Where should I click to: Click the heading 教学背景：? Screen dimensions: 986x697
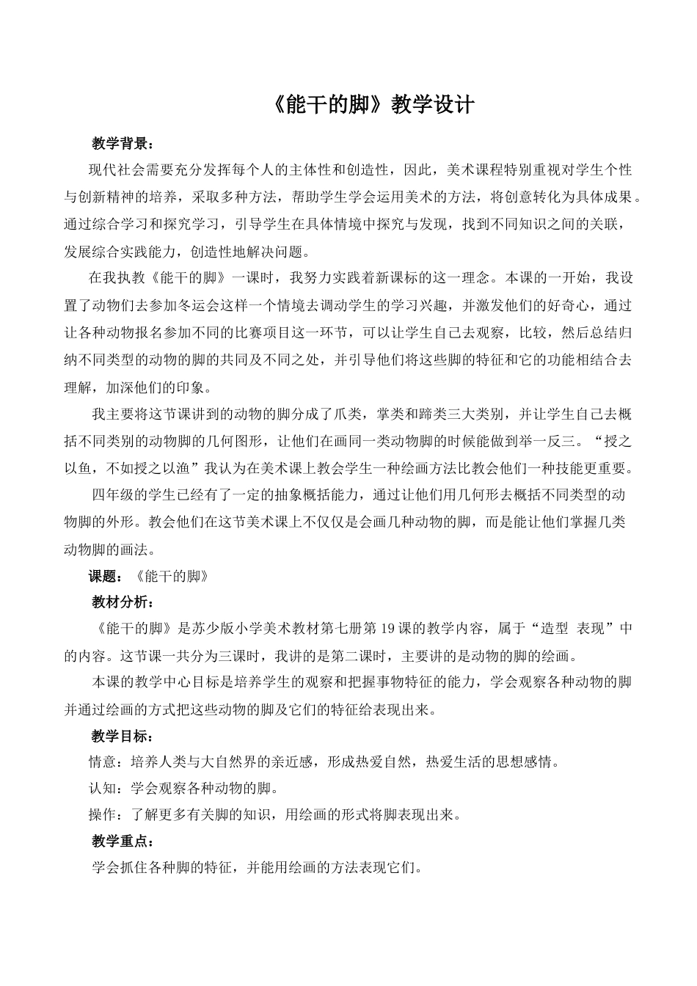pos(123,142)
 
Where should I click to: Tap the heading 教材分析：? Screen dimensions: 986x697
pos(123,602)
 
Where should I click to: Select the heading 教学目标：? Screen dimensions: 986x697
pos(123,736)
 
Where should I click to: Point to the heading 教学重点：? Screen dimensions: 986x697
pos(123,841)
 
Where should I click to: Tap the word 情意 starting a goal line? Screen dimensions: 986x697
pos(101,762)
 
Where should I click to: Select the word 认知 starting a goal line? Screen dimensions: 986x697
pos(101,789)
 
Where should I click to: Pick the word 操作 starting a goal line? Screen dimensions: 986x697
pos(101,815)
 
